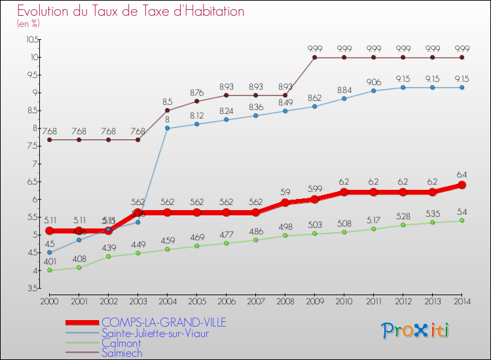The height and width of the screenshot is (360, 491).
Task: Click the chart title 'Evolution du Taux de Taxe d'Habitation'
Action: pos(130,12)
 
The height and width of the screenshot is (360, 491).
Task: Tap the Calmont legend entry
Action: pos(121,342)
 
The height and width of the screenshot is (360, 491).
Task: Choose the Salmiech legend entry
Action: pos(122,352)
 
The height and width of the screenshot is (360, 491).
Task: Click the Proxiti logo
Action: pos(416,330)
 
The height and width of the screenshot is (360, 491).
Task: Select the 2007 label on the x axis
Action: pos(255,302)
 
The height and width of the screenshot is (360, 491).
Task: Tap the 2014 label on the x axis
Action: pos(462,302)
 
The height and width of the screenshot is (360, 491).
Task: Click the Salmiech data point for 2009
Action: pos(314,57)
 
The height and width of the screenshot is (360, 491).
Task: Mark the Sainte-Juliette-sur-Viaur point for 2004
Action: pos(167,128)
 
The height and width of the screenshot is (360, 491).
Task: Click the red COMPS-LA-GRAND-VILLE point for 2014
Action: pos(462,185)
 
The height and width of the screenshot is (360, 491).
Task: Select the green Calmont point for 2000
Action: pos(49,270)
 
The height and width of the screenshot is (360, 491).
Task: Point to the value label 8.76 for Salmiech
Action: pos(196,92)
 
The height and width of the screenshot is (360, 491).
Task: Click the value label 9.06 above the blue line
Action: pos(373,82)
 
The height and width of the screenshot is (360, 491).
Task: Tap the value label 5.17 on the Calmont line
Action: pos(373,220)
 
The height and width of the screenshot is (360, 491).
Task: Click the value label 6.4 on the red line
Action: pos(462,175)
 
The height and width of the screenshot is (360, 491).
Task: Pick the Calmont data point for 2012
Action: pos(403,225)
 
